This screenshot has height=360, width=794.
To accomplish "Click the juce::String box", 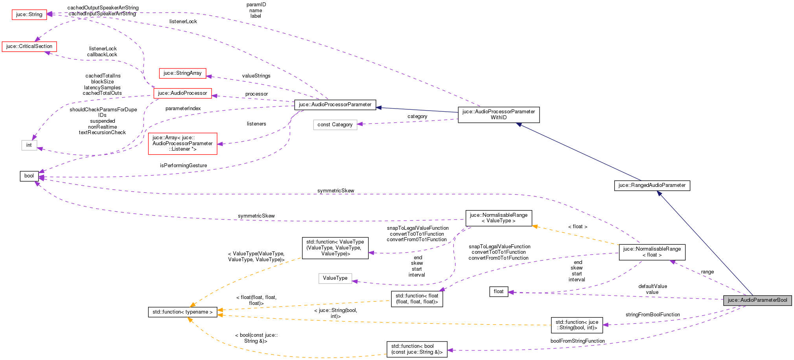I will point(29,15).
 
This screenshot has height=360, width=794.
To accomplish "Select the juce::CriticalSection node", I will point(29,46).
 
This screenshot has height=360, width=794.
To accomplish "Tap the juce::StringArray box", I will point(182,73).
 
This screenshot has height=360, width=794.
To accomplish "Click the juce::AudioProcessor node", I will point(182,93).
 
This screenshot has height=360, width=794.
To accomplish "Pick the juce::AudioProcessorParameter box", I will point(335,105).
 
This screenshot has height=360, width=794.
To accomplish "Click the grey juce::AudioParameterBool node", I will point(757,300).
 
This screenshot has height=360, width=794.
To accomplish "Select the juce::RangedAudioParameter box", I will point(652,185).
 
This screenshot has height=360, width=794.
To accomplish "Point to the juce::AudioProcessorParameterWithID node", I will point(499,114).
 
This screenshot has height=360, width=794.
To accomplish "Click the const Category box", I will point(335,125).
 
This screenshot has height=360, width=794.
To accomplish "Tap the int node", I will point(29,145).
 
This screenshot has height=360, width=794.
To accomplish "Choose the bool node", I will point(29,176).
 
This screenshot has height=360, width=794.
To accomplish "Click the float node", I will point(499,292).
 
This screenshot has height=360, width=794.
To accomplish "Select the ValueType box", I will point(335,278).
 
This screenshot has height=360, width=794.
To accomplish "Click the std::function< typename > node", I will point(182,312).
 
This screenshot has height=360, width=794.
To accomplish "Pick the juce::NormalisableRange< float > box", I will point(652,252).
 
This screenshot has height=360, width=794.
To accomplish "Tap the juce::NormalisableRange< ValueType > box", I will point(499,218).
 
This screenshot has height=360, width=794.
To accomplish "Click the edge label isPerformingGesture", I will point(183,166).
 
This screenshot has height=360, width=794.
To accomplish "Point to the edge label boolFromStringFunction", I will point(577,341).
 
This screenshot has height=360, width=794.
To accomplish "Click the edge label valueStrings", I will point(256,76).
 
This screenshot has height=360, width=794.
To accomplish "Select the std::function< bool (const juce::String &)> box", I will point(417,349).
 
